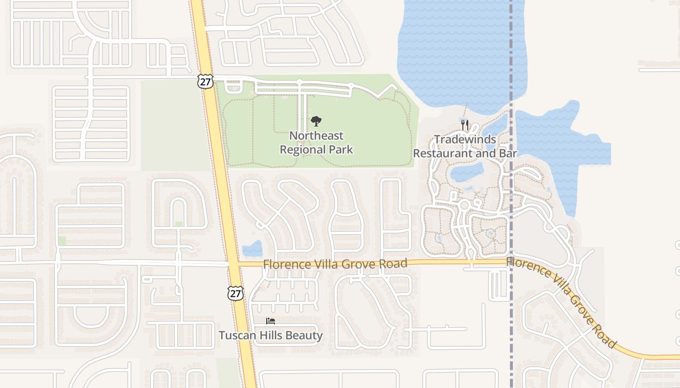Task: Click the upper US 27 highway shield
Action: click(205, 81)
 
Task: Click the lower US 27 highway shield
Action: click(236, 293)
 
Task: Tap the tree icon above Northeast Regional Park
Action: click(316, 121)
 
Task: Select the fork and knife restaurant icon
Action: click(465, 125)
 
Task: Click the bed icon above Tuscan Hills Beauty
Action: click(271, 321)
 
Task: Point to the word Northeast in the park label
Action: click(316, 136)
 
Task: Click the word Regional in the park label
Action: click(301, 149)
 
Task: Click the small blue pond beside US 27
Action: click(252, 249)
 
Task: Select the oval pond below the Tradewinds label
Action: click(466, 172)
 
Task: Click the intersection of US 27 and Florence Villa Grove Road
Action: click(233, 264)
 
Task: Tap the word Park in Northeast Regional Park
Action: click(341, 149)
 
